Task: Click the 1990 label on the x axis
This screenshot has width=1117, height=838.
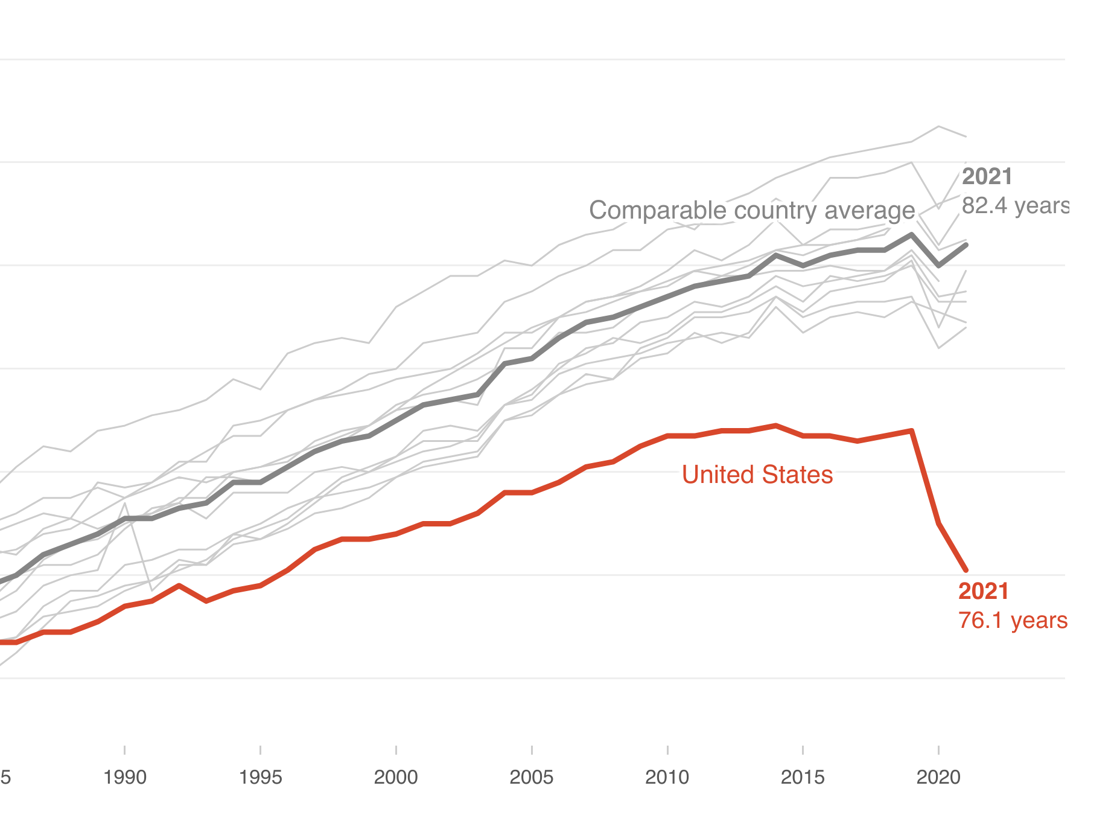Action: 124,777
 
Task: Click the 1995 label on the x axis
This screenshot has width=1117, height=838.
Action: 260,777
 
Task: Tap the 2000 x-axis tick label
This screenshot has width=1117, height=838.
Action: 395,777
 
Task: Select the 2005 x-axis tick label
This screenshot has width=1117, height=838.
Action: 531,777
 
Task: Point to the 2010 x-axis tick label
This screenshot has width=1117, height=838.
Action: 667,777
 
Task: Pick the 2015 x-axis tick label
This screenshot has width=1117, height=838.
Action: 803,777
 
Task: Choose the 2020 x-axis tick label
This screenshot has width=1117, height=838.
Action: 938,777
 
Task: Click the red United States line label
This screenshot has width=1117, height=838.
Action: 757,475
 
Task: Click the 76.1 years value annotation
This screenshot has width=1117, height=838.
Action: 1013,620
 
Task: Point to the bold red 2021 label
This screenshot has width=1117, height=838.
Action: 983,591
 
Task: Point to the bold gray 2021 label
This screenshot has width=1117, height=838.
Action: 987,176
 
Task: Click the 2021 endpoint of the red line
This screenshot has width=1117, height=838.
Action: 966,570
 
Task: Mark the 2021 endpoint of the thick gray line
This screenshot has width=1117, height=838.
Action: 966,245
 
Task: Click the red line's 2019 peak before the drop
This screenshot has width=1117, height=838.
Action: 912,430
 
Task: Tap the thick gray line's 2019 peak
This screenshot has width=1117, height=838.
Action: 912,234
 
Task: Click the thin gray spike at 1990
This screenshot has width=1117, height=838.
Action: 125,503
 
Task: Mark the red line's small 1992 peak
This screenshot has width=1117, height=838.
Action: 179,586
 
